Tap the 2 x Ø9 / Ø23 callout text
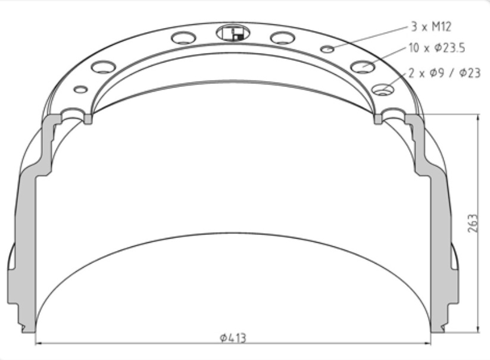(444, 73)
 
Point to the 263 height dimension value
(472, 223)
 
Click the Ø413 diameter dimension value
(232, 338)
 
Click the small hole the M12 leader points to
(327, 49)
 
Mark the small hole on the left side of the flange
(80, 89)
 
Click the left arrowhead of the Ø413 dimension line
(39, 343)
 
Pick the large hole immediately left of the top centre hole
(183, 38)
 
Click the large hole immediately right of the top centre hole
(282, 38)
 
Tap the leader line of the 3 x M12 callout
(369, 37)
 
